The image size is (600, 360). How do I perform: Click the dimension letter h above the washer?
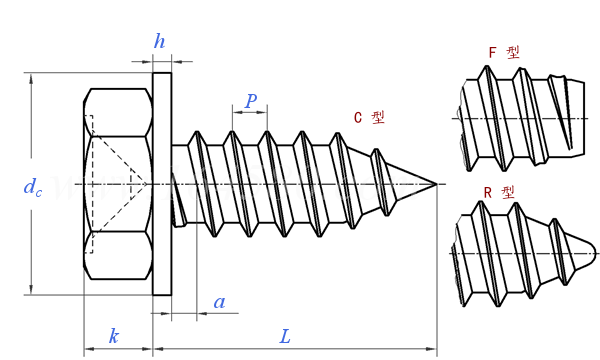click(x=160, y=41)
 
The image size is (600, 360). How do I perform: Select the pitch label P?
click(x=251, y=101)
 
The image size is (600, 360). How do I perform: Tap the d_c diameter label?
click(x=33, y=187)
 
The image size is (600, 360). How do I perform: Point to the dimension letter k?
click(x=114, y=336)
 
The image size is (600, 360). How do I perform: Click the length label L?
click(x=285, y=337)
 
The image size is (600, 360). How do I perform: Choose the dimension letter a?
click(x=219, y=303)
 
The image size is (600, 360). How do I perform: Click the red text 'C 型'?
click(x=369, y=117)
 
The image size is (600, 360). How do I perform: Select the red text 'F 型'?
click(x=504, y=52)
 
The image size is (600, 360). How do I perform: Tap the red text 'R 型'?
click(x=499, y=192)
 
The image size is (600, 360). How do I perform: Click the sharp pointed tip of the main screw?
click(x=437, y=184)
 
